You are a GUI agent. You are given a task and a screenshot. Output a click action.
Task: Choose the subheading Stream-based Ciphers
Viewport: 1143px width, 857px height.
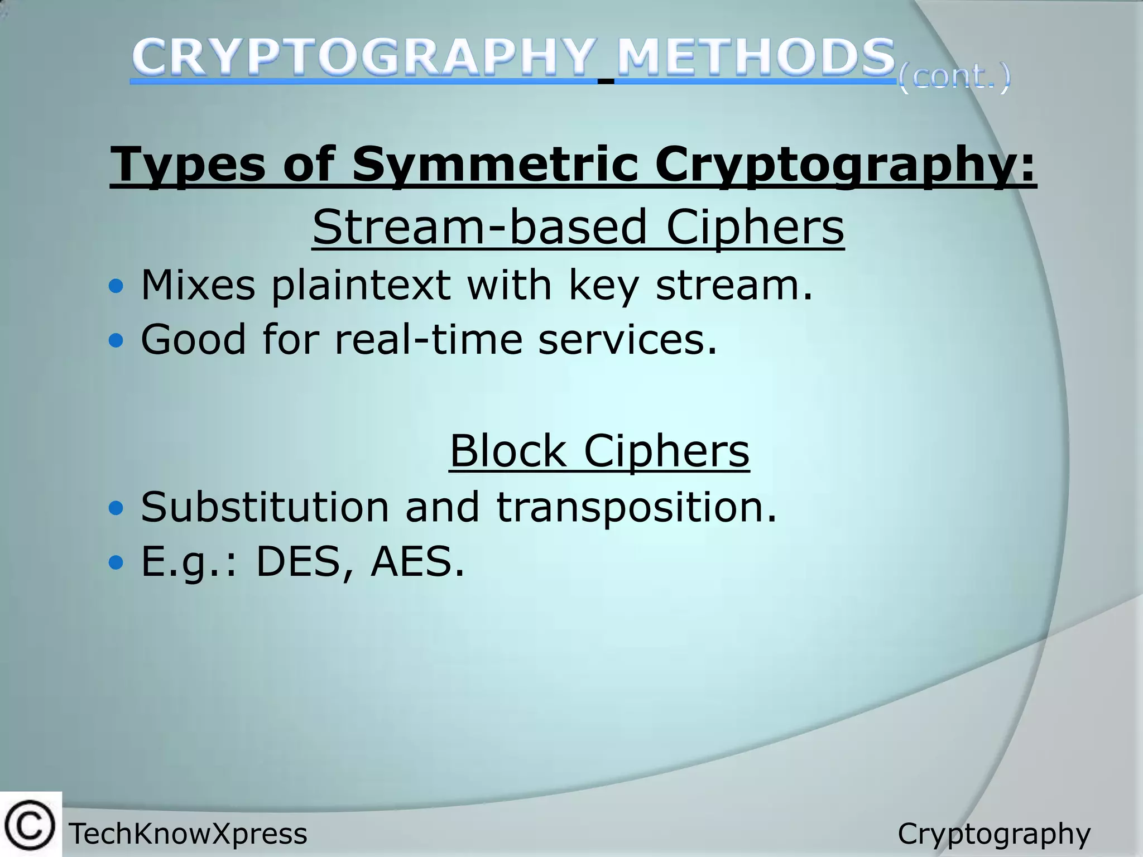click(578, 227)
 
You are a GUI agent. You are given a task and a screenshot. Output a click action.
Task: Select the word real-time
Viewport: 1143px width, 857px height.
click(428, 339)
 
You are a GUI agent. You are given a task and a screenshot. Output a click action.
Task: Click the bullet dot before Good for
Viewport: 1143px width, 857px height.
click(116, 341)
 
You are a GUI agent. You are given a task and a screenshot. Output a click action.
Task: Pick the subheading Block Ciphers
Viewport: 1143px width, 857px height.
click(599, 451)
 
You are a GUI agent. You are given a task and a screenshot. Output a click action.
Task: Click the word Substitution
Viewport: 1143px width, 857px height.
click(265, 507)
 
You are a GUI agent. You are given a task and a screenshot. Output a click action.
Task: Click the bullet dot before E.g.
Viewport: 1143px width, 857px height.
click(116, 563)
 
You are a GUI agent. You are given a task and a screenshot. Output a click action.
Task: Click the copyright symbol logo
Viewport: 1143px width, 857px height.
click(30, 825)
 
